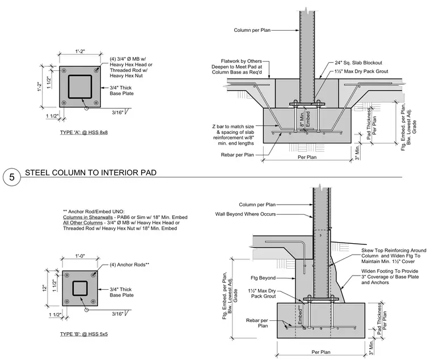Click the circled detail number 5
point(11,177)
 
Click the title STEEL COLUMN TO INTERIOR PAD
point(91,172)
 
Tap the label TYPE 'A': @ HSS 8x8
point(84,133)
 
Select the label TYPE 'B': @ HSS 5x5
point(84,334)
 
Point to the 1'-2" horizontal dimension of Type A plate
point(81,52)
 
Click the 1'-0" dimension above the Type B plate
point(81,256)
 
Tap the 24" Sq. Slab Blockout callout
point(358,63)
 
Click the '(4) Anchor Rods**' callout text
point(129,265)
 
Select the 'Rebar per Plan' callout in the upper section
point(237,155)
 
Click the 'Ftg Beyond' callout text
point(263,278)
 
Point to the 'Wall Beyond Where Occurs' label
point(246,214)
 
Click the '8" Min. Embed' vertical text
point(305,119)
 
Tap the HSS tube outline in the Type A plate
point(80,75)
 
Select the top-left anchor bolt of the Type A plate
point(64,71)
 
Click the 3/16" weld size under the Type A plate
point(117,112)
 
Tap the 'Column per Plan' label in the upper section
point(252,30)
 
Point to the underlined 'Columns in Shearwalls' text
point(88,217)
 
